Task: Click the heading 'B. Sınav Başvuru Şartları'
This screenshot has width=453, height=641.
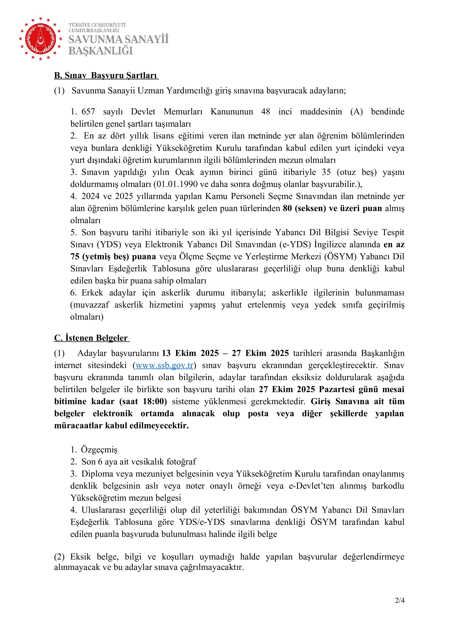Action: [x=106, y=76]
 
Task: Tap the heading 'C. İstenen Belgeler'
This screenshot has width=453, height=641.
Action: [x=92, y=338]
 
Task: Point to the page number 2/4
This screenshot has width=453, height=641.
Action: [x=400, y=608]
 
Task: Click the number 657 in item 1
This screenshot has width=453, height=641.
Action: [x=88, y=112]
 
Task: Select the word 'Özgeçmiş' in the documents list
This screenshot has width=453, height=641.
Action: [x=99, y=450]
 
